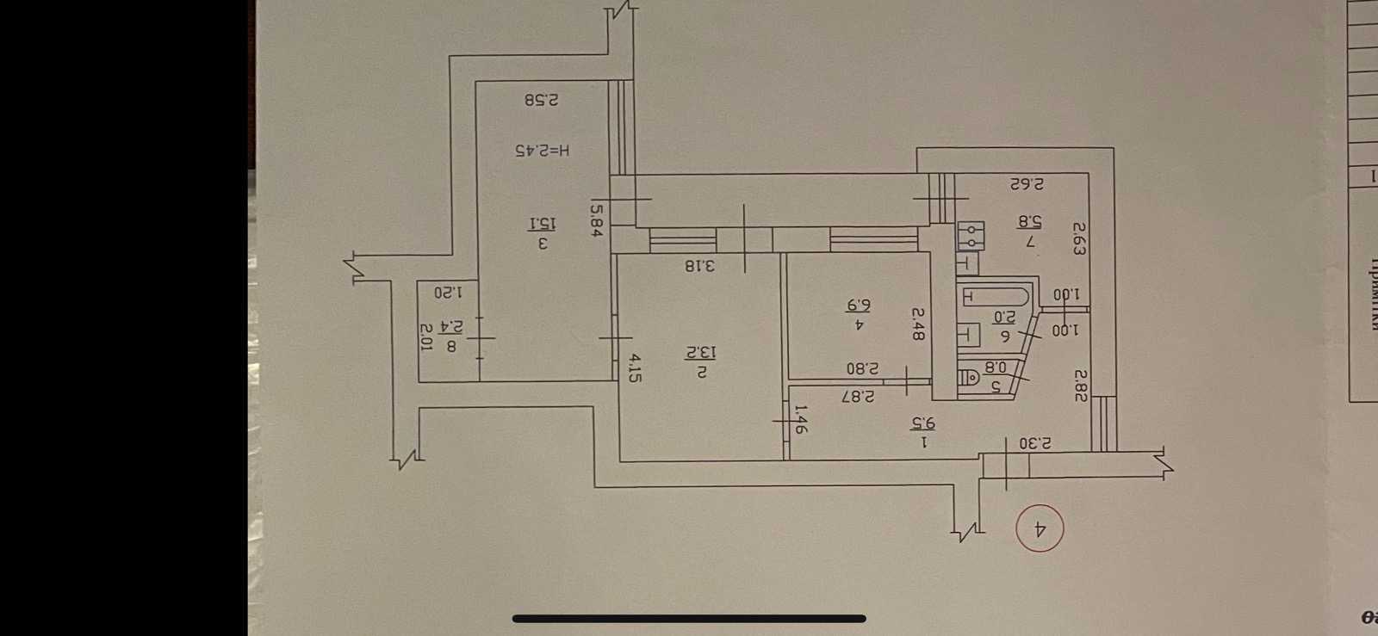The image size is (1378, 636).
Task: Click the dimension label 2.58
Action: pyautogui.click(x=541, y=100)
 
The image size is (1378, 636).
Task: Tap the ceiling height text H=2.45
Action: pyautogui.click(x=542, y=150)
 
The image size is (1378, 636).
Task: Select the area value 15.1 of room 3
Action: pyautogui.click(x=543, y=224)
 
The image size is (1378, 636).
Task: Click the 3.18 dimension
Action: pyautogui.click(x=699, y=266)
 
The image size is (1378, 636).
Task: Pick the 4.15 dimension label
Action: pyautogui.click(x=635, y=367)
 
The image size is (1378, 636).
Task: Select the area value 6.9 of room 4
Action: pyautogui.click(x=859, y=306)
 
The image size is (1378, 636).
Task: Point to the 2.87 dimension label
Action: pyautogui.click(x=858, y=397)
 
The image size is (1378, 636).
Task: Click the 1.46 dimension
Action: pyautogui.click(x=799, y=419)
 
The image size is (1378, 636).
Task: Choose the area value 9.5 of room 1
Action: pyautogui.click(x=922, y=423)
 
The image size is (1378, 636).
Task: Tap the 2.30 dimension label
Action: pyautogui.click(x=1035, y=444)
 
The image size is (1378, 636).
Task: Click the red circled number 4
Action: pyautogui.click(x=1040, y=529)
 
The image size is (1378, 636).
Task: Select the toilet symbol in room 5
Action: pyautogui.click(x=969, y=377)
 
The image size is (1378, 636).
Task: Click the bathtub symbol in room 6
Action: pyautogui.click(x=994, y=297)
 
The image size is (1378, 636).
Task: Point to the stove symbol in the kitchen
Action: pyautogui.click(x=971, y=234)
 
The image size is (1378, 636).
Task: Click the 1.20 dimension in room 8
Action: pyautogui.click(x=448, y=292)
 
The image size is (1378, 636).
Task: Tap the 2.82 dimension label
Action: pyautogui.click(x=1080, y=385)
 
